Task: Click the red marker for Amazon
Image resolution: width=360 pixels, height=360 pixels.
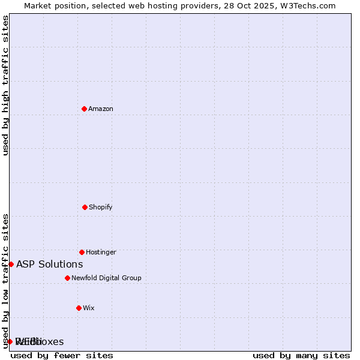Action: (x=84, y=109)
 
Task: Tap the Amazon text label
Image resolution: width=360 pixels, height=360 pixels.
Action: (x=101, y=109)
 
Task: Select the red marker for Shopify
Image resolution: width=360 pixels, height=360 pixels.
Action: (x=85, y=207)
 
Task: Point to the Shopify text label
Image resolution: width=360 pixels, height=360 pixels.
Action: (x=101, y=207)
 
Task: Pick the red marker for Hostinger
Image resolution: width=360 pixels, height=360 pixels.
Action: (x=82, y=252)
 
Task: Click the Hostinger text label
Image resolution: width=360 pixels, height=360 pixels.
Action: (x=101, y=252)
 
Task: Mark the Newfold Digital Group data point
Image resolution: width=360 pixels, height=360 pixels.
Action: (x=67, y=278)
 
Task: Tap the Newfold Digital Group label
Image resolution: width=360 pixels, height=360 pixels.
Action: (x=106, y=278)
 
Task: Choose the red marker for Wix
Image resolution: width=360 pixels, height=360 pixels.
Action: (x=79, y=308)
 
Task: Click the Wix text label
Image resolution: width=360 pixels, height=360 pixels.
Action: (x=89, y=308)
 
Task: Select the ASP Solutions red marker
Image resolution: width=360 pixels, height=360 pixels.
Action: (x=11, y=264)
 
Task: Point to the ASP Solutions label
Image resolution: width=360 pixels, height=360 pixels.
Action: (x=49, y=264)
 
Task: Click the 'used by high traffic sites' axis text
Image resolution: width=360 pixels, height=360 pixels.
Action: (x=5, y=85)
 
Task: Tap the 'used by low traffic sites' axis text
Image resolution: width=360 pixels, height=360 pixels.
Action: (x=5, y=281)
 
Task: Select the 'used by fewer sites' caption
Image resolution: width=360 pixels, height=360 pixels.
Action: (x=62, y=355)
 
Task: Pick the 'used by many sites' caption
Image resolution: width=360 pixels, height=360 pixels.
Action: (x=301, y=355)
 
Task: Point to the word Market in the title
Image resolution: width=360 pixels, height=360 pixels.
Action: (x=37, y=5)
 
